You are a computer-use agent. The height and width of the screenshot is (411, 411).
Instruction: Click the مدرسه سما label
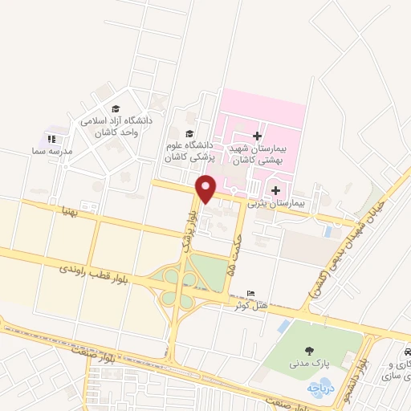57,151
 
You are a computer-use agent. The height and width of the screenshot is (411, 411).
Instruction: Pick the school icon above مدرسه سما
52,139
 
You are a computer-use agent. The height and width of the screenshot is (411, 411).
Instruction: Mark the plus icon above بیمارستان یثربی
277,190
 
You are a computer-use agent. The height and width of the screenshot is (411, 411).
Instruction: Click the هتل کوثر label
250,306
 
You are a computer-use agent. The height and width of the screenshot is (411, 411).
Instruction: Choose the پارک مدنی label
308,364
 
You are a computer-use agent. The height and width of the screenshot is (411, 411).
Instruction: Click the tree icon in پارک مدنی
308,349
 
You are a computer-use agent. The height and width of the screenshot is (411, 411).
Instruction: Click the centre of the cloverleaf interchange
180,279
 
